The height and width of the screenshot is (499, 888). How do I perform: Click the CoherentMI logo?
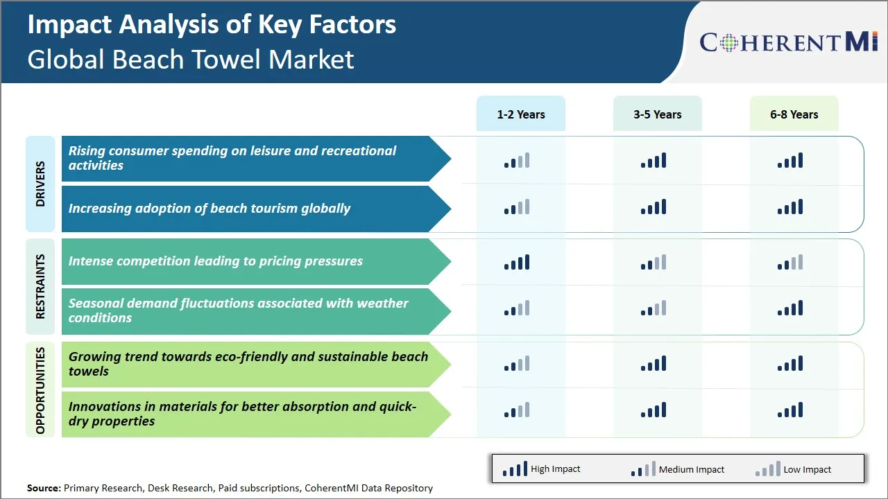pos(789,42)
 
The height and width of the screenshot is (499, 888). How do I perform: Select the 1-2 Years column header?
pos(520,114)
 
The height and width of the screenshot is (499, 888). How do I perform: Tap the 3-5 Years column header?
pos(657,114)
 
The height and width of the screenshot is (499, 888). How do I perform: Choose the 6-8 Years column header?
pos(794,114)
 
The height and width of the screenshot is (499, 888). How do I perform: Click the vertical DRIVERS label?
pos(40,184)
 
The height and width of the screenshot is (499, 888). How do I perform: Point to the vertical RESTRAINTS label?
pos(40,286)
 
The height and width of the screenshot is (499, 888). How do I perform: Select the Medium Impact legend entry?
pos(677,469)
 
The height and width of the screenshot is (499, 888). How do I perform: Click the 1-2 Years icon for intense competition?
pos(517,262)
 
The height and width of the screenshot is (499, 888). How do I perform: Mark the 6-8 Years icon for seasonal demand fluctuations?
pos(790,308)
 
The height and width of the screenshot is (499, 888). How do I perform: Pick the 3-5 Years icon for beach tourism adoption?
pos(654,207)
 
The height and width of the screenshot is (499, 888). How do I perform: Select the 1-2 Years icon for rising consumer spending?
pos(517,161)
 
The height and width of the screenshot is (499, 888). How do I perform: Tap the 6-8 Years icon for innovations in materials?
pos(790,410)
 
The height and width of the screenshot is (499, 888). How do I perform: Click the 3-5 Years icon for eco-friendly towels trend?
pos(654,364)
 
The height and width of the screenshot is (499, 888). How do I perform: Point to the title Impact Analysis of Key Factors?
pos(212,25)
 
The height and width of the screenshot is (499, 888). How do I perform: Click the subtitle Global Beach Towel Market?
pos(191,60)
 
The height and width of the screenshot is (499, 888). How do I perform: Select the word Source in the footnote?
pos(44,488)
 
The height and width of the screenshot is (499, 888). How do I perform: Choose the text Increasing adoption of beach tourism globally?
pos(209,209)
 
